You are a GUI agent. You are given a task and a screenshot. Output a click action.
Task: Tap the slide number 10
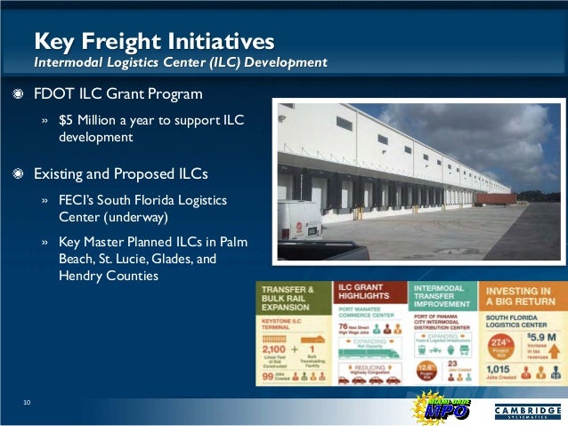pos(27,405)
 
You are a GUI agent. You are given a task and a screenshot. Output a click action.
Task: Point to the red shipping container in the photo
pos(495,199)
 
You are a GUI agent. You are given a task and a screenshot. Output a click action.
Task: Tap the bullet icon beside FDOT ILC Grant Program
pos(16,94)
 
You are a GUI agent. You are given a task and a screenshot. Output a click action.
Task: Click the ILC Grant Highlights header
pos(366,296)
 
